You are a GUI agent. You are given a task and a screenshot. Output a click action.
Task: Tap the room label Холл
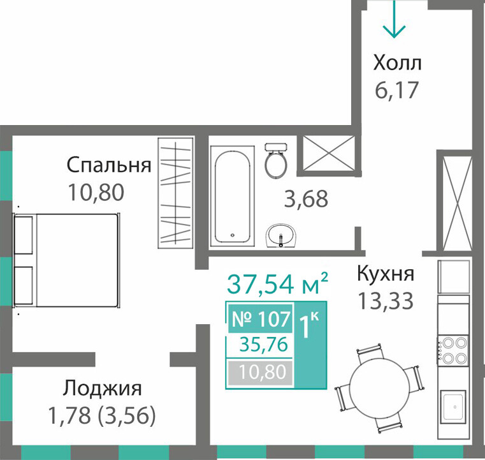pyautogui.click(x=397, y=63)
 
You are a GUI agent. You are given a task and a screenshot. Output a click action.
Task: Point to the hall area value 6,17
pyautogui.click(x=396, y=90)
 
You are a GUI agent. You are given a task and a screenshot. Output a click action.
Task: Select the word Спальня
pyautogui.click(x=109, y=165)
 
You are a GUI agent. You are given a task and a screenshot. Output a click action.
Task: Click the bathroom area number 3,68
pyautogui.click(x=306, y=198)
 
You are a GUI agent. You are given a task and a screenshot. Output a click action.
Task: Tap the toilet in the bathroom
pyautogui.click(x=276, y=160)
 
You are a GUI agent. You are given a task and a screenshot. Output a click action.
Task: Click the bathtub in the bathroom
pyautogui.click(x=232, y=197)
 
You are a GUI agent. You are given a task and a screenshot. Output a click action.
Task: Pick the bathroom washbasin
pyautogui.click(x=281, y=236)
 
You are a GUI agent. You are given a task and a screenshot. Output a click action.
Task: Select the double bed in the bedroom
pyautogui.click(x=66, y=260)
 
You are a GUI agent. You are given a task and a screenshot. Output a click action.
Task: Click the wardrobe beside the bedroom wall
pyautogui.click(x=176, y=193)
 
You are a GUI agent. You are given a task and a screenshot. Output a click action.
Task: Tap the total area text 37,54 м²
pyautogui.click(x=277, y=283)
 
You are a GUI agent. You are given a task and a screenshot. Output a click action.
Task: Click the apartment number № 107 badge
pyautogui.click(x=261, y=318)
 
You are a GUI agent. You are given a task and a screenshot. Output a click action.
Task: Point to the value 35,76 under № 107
pyautogui.click(x=264, y=345)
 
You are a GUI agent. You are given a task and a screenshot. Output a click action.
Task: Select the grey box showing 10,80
pyautogui.click(x=261, y=372)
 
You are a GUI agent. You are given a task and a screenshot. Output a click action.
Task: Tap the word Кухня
pyautogui.click(x=386, y=274)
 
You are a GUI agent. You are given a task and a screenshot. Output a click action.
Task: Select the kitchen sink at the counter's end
pyautogui.click(x=453, y=406)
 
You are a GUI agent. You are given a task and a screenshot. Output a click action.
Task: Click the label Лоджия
pyautogui.click(x=103, y=388)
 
